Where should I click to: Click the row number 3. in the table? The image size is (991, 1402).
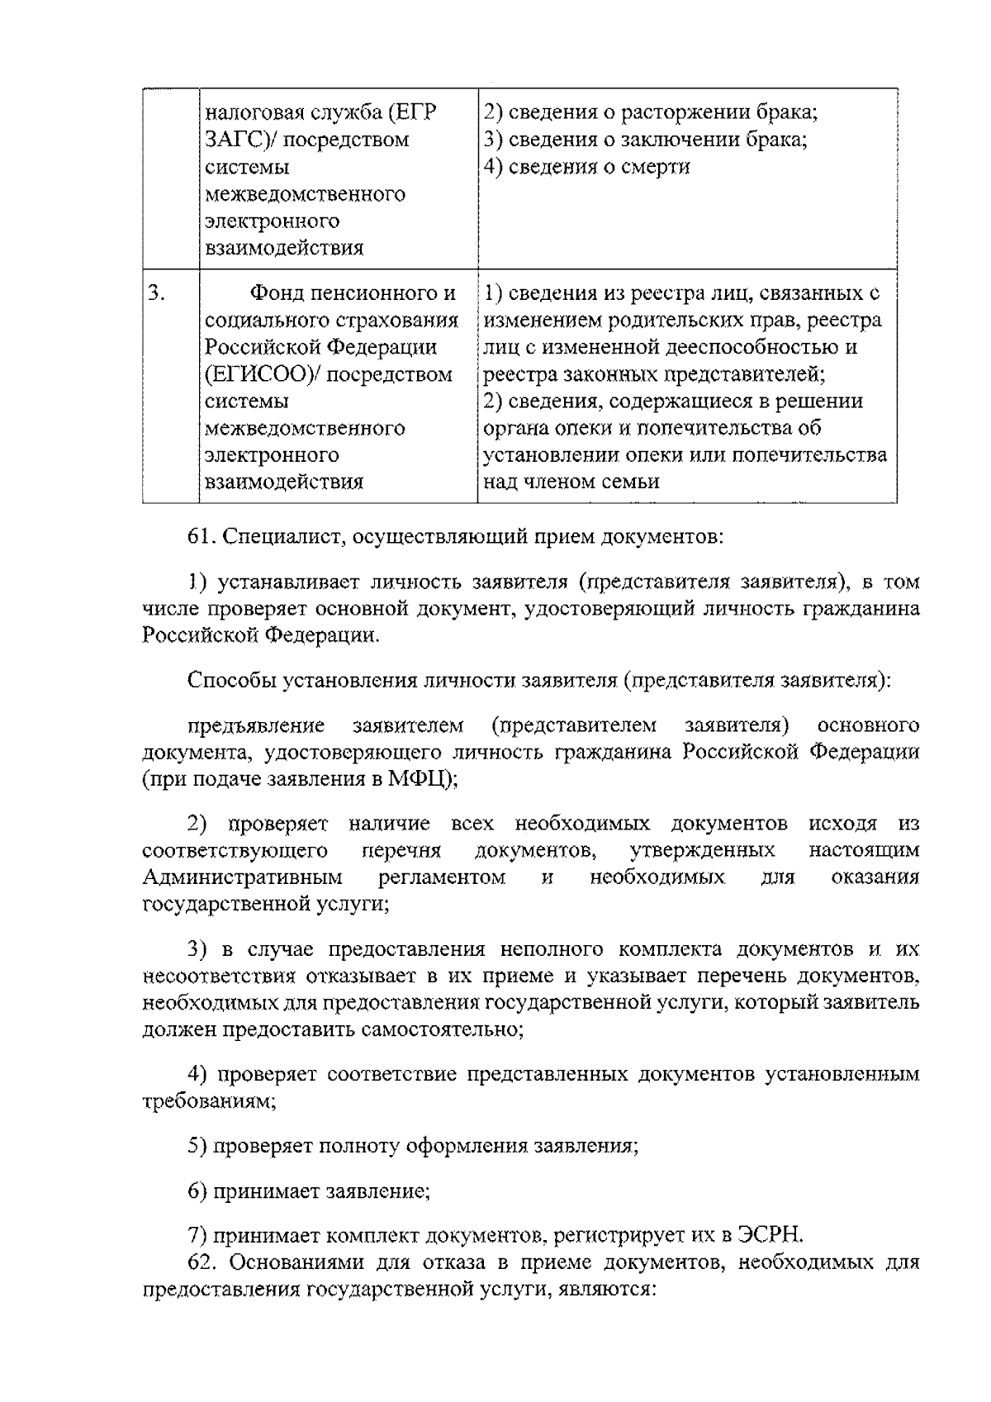157,293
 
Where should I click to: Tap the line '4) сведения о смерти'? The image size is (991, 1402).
586,167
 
